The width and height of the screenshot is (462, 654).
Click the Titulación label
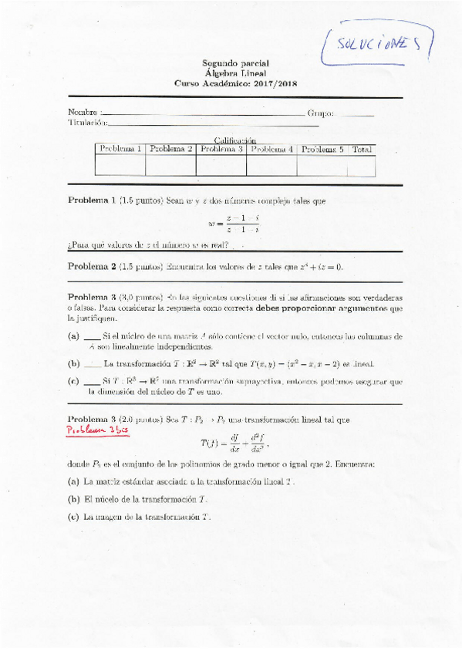coord(87,122)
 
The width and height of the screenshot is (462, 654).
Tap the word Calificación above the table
coord(235,140)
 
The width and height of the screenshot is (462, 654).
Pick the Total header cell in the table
coord(362,149)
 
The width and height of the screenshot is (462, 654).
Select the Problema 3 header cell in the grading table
coord(221,149)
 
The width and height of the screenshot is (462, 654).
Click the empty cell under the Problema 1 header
coord(120,166)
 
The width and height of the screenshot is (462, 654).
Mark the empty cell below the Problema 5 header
coord(322,166)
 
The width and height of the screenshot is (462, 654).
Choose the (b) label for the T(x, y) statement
coord(74,362)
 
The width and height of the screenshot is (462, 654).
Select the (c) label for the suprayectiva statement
coord(74,381)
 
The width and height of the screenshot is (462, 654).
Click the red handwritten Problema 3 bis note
coord(98,431)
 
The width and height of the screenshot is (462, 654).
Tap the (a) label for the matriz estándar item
coord(74,480)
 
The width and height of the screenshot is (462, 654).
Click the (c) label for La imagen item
coord(74,517)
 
